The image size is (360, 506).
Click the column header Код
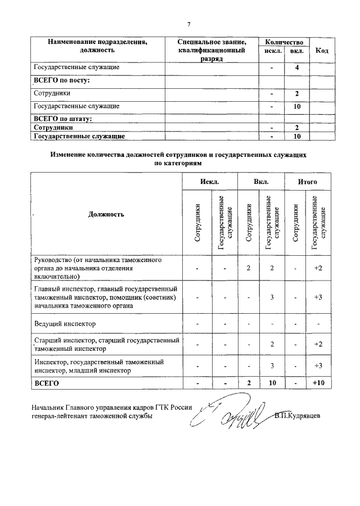(x=322, y=51)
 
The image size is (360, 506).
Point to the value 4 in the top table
(x=296, y=67)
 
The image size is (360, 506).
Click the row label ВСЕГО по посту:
(x=62, y=80)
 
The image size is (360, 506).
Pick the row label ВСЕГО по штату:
(x=63, y=119)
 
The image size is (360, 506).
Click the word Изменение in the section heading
(x=73, y=153)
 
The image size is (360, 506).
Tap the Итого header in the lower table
(x=308, y=182)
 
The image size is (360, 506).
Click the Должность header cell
(x=106, y=214)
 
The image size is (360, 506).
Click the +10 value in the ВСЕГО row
(x=318, y=383)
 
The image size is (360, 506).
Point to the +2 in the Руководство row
(x=318, y=268)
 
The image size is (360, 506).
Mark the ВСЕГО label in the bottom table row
(x=47, y=383)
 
